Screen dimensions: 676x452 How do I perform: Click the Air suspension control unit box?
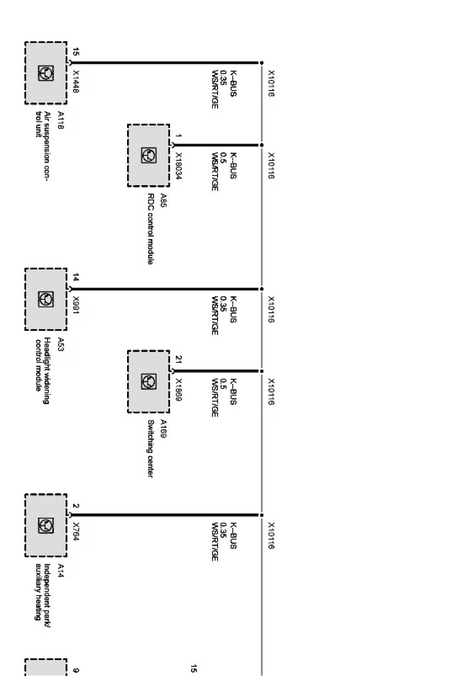pos(46,73)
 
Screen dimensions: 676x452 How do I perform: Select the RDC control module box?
pos(148,155)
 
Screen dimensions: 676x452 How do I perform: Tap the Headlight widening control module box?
pos(46,299)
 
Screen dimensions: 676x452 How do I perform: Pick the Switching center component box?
pos(148,381)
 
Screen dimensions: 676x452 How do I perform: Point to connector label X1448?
pos(76,82)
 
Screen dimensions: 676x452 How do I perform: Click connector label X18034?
pos(178,166)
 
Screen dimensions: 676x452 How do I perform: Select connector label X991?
pos(76,305)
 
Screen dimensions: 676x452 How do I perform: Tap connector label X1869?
pos(178,390)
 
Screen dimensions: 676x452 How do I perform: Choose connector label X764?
pos(76,531)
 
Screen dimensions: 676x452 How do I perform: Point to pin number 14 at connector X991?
pos(76,277)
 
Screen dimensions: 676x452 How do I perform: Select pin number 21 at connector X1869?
pos(178,359)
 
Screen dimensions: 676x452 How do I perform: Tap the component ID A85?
pos(163,199)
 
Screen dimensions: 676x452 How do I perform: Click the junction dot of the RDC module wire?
pos(262,145)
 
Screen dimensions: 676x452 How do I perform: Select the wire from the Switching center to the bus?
pos(217,371)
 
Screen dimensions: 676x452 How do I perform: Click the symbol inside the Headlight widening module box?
pos(46,299)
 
